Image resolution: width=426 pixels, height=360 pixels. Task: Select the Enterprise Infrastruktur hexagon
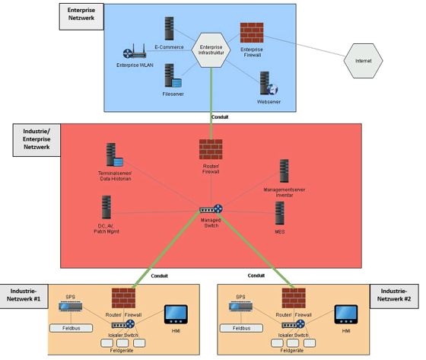(x=211, y=50)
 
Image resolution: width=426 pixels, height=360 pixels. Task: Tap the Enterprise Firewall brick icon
(x=252, y=33)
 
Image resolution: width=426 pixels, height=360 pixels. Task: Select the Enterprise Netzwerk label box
(x=81, y=16)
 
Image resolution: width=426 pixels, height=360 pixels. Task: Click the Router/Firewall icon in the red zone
(x=211, y=149)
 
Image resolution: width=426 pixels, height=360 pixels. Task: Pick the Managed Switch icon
(x=211, y=209)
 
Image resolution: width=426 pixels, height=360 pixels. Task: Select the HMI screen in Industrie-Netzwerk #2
(x=346, y=315)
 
